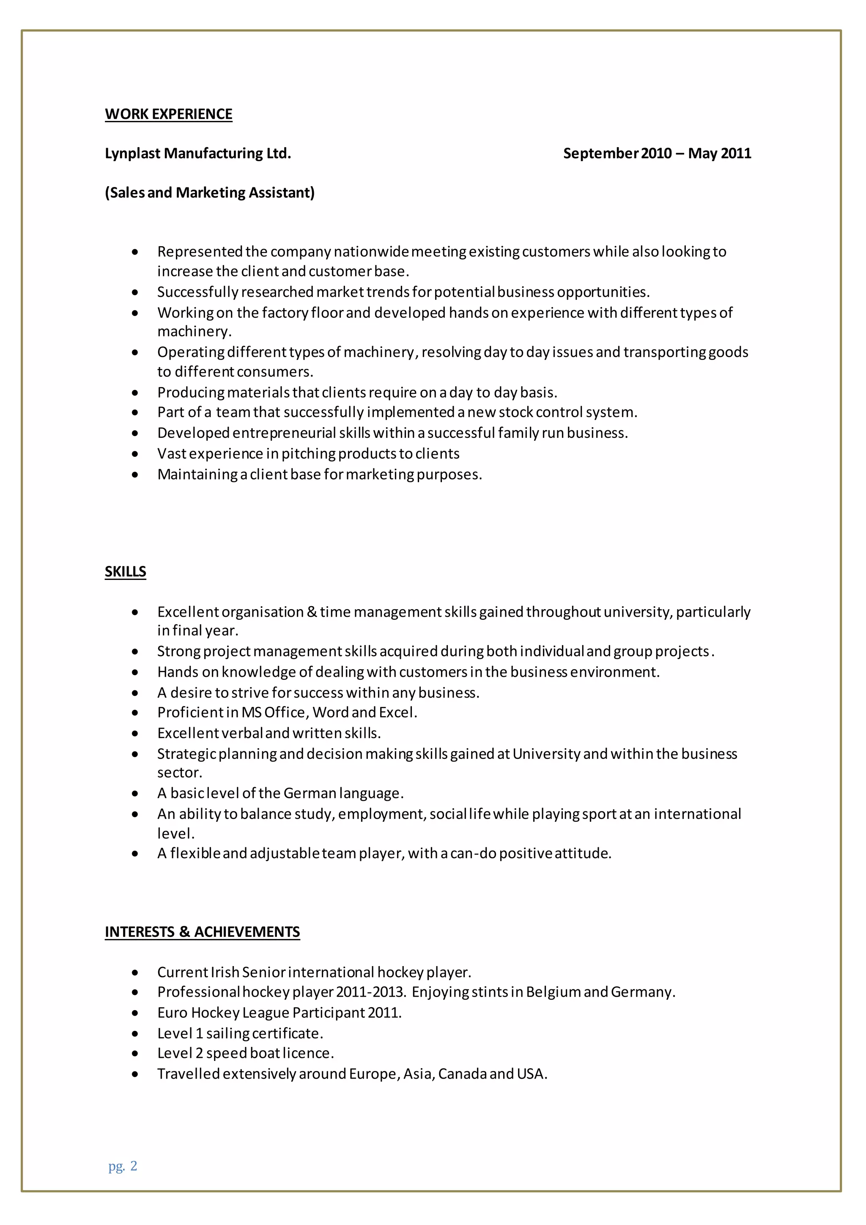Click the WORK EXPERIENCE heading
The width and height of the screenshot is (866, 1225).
click(169, 114)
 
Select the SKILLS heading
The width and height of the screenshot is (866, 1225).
click(125, 571)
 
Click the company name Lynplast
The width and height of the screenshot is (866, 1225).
click(133, 154)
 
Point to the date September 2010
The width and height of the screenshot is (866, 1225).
click(617, 154)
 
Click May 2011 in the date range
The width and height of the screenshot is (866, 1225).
click(719, 154)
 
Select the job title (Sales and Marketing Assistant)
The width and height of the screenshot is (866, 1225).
click(210, 192)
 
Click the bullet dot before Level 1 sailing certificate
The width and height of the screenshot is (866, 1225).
click(135, 1034)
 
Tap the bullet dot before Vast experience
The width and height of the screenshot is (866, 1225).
click(135, 454)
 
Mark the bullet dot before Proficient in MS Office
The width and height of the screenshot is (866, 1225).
click(135, 713)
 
